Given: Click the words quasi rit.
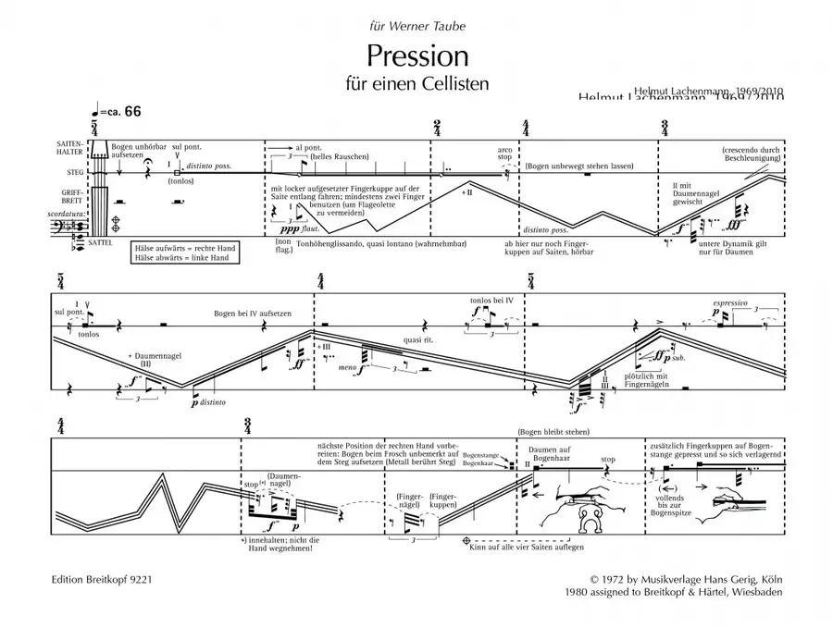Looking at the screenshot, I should [x=418, y=339].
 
